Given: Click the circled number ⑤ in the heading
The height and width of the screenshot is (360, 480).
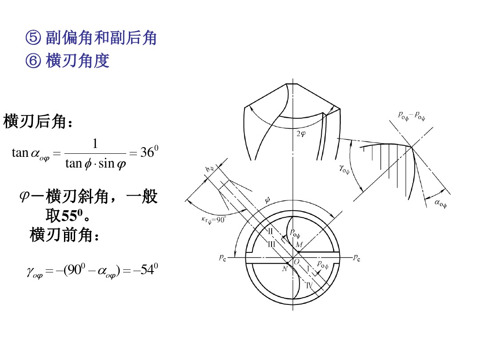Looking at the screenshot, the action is tap(33, 38).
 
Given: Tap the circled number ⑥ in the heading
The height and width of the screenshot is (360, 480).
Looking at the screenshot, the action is tap(33, 60).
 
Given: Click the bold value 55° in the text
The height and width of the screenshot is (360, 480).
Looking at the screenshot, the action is tap(72, 216).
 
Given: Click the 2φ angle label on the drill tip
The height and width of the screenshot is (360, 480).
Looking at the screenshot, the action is tap(301, 134).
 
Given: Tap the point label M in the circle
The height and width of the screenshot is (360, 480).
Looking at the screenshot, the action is tap(299, 244).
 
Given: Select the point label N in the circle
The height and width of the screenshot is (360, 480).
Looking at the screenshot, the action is tap(285, 269).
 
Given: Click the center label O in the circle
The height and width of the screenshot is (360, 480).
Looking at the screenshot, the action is tap(296, 262).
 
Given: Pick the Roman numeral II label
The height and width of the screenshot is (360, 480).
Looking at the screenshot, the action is tap(271, 231).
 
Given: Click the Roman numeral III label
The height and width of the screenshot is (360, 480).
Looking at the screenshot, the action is tap(272, 244).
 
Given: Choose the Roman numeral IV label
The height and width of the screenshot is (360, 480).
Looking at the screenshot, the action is tap(309, 285).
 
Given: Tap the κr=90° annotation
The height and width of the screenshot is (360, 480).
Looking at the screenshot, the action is tap(213, 220).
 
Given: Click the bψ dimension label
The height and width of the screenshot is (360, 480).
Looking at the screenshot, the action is tap(209, 169).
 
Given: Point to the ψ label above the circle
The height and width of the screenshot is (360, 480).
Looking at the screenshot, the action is tap(267, 200).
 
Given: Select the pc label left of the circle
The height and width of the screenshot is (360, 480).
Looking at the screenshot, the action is tap(223, 258).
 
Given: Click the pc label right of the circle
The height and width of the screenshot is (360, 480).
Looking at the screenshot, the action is tap(356, 258).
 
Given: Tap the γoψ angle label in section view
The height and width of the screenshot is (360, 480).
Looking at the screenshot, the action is tap(344, 169).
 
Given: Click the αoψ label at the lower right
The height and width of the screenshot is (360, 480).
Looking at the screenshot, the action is tap(440, 203).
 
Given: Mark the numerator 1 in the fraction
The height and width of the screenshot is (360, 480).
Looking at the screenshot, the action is tap(95, 143).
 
